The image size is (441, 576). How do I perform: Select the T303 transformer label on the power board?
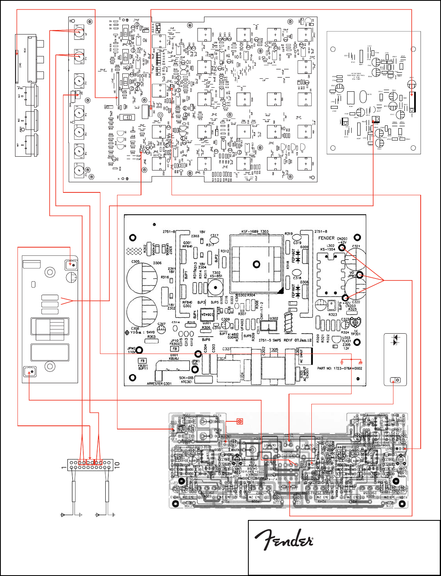pyautogui.click(x=264, y=231)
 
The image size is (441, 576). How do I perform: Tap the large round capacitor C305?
pyautogui.click(x=142, y=279)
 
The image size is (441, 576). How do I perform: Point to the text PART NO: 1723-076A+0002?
pyautogui.click(x=339, y=369)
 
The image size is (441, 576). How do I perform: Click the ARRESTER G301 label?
pyautogui.click(x=161, y=383)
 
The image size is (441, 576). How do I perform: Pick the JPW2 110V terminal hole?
pyautogui.click(x=139, y=350)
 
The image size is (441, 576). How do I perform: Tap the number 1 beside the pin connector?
pyautogui.click(x=63, y=468)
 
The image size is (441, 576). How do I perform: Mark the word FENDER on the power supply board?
pyautogui.click(x=326, y=238)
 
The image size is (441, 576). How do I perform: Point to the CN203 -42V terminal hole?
pyautogui.click(x=342, y=247)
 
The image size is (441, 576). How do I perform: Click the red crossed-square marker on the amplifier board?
pyautogui.click(x=240, y=421)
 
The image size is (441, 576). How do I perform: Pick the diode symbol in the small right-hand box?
pyautogui.click(x=393, y=341)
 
